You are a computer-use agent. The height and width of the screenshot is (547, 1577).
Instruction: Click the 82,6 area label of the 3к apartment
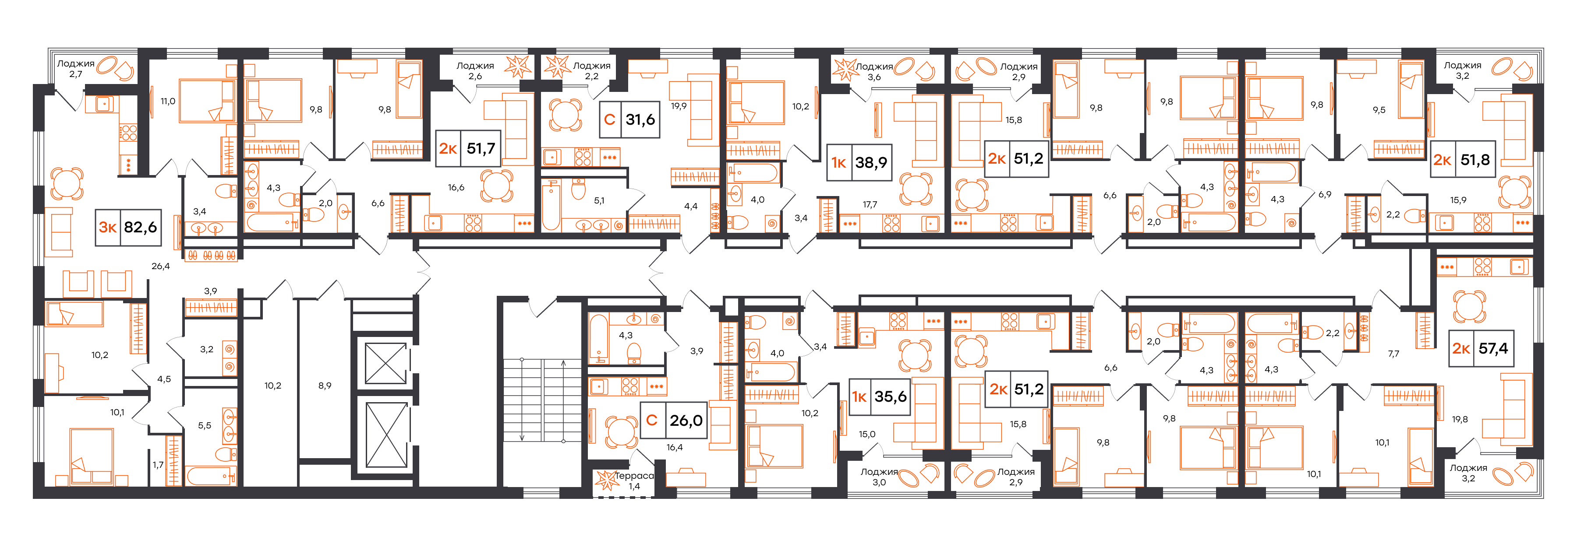[x=140, y=228]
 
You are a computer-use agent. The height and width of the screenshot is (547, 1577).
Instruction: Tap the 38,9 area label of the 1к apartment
[x=871, y=163]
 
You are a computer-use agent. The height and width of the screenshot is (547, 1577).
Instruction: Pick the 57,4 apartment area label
[x=1493, y=349]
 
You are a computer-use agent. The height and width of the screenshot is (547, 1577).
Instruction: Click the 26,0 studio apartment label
[x=686, y=421]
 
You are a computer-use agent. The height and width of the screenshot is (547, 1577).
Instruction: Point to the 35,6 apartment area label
[x=890, y=396]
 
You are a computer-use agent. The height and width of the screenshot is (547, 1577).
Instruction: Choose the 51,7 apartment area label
[x=481, y=149]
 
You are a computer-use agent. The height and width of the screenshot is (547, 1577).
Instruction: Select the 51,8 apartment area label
[x=1475, y=160]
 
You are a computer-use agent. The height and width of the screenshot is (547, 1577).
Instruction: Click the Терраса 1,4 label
[x=634, y=481]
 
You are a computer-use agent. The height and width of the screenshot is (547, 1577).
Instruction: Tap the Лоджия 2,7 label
[x=76, y=69]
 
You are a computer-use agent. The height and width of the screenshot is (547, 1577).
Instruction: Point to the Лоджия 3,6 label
[x=874, y=72]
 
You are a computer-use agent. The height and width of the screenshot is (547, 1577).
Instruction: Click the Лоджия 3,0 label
[x=879, y=477]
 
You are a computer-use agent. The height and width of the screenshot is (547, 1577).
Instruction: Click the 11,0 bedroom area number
[x=168, y=102]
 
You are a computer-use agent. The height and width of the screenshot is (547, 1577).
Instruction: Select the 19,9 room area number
[x=678, y=106]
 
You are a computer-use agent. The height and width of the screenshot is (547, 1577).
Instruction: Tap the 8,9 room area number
[x=325, y=386]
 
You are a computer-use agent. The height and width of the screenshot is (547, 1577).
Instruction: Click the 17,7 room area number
[x=870, y=204]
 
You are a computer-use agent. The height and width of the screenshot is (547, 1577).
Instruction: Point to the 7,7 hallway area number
[x=1393, y=354]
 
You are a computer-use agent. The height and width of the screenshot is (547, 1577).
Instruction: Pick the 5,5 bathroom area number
[x=205, y=425]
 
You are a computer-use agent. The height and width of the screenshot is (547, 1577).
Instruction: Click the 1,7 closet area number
[x=158, y=465]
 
